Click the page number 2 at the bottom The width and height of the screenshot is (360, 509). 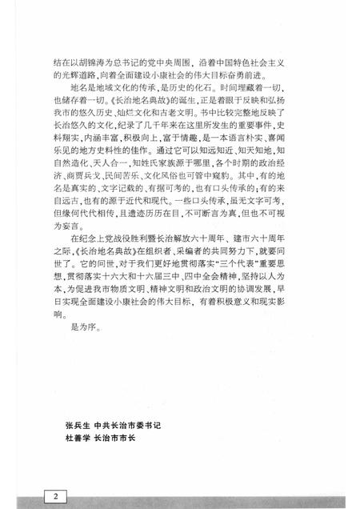[x=57, y=474]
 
